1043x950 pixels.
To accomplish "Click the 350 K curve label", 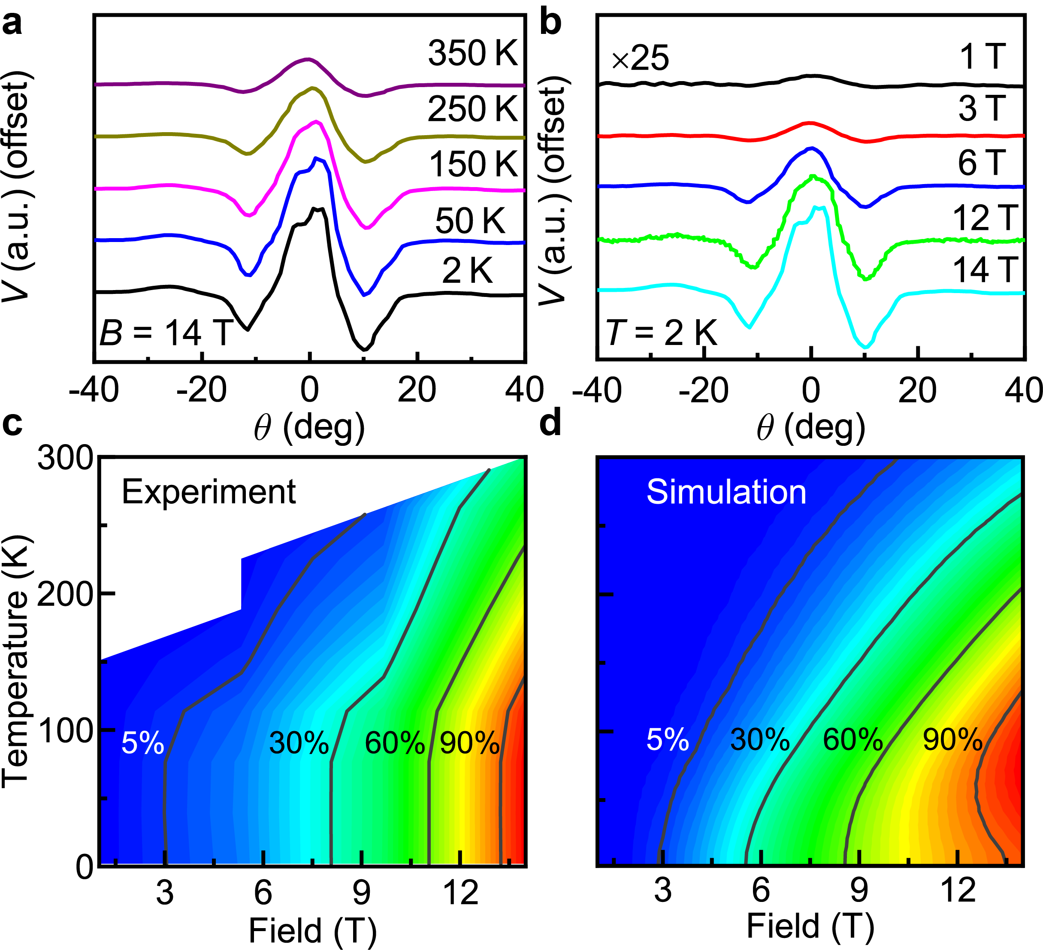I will point(472,53).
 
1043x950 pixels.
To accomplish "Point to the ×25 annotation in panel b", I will point(640,58).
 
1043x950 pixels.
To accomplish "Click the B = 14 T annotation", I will point(166,333).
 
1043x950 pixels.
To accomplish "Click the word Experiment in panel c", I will point(209,492).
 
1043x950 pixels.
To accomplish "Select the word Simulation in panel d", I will point(726,492).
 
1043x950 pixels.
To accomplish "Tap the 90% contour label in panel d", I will point(952,740).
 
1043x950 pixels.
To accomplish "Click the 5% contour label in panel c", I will point(143,744).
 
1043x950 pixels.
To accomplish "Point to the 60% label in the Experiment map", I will point(395,743).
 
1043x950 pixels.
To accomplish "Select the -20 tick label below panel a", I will point(201,390).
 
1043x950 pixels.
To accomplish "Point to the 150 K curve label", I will point(473,164).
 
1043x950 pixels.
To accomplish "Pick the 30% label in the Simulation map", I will point(760,740).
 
